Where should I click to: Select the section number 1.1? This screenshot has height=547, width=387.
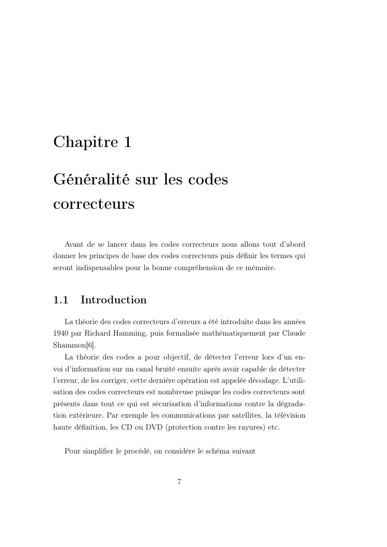pos(61,300)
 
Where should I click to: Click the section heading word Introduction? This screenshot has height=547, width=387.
pos(114,300)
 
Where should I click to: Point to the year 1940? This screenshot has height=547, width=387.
pos(61,332)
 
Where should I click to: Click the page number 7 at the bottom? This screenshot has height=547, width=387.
pos(179,482)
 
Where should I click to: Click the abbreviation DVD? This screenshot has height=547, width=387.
pos(167,428)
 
